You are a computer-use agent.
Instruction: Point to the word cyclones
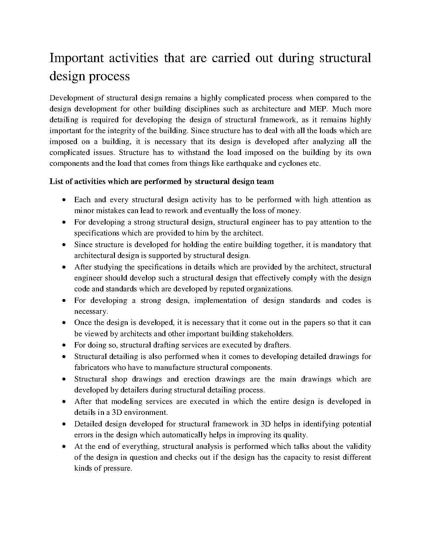pos(292,164)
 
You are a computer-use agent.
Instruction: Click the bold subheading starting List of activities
pos(161,181)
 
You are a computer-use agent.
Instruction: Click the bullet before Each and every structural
pos(64,200)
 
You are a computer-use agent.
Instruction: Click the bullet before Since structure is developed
pos(64,245)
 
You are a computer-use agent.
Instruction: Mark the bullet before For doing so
pos(64,345)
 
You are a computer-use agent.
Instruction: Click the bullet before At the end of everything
pos(64,447)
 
